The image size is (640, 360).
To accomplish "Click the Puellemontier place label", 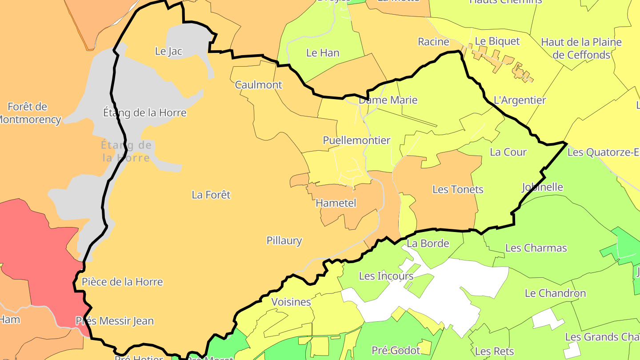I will [356, 140].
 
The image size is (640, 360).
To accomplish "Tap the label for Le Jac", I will [168, 51].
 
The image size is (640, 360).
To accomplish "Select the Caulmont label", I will [258, 85].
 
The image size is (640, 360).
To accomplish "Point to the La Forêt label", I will [211, 195].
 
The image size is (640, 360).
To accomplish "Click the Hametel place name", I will [336, 203].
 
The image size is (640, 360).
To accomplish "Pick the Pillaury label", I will [284, 241].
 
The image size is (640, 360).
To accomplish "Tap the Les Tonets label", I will [458, 189].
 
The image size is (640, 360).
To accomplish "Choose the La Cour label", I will [508, 152].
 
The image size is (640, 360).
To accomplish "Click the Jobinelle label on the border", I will [542, 187].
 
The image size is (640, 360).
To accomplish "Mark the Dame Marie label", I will [388, 100].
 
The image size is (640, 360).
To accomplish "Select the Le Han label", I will [323, 53].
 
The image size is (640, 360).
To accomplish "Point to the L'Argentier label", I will [520, 100].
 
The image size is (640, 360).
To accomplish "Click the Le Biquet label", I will [497, 41].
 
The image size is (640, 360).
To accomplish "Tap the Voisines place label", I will [291, 302].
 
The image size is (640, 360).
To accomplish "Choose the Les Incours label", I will [386, 276].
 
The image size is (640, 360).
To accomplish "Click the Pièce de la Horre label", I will [122, 282].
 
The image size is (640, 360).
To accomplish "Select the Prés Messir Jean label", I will [115, 321].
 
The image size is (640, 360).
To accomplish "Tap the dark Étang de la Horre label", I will [144, 113].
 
